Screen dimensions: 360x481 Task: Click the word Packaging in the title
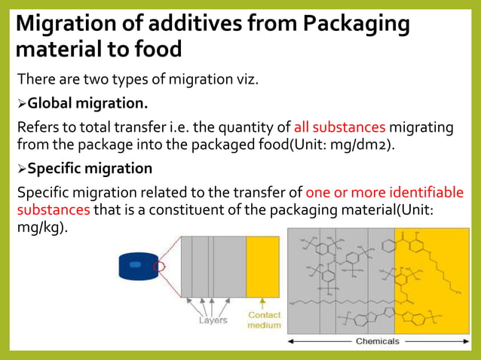coord(356,24)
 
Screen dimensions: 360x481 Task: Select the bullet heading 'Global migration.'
coord(87,102)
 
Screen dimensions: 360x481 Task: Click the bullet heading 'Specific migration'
coord(90,168)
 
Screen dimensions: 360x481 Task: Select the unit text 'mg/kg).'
coord(42,227)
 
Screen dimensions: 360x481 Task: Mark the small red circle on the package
coord(158,266)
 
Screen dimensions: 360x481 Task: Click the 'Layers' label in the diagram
coord(213,320)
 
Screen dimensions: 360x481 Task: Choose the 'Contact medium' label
coord(264,320)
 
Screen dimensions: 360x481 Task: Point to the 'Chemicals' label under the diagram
coord(377,341)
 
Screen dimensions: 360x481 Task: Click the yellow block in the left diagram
coord(263,266)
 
